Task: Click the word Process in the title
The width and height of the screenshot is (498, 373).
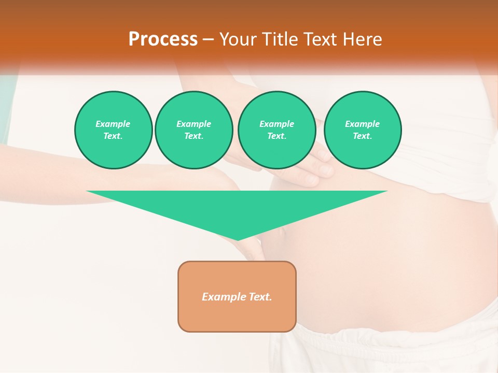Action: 163,39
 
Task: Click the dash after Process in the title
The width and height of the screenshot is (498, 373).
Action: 209,39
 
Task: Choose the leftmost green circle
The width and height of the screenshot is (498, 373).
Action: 114,130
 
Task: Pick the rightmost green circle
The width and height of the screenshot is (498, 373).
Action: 363,130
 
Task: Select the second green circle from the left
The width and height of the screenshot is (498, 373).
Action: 193,130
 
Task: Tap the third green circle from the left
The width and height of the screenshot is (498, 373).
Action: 277,130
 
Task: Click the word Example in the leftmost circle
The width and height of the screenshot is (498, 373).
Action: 113,124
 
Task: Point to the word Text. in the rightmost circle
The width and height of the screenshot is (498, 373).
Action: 363,136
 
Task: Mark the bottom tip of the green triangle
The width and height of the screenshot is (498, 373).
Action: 238,239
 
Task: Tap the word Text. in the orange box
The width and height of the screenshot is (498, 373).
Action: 260,297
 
